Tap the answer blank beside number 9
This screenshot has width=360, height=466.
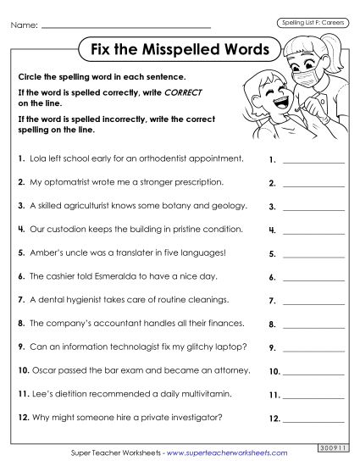[313, 349]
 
